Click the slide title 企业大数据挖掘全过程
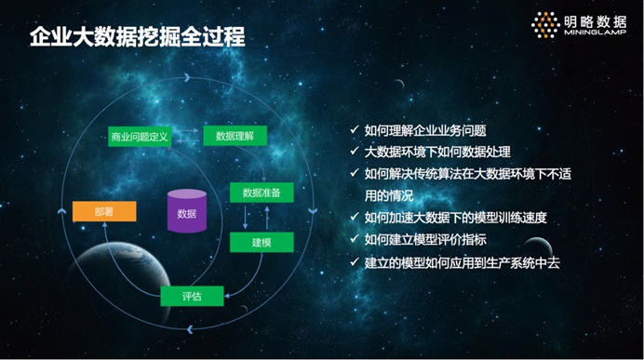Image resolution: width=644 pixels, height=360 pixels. click(x=138, y=37)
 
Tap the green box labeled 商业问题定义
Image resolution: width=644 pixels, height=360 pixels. click(x=140, y=137)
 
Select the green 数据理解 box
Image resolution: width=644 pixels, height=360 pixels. click(x=235, y=136)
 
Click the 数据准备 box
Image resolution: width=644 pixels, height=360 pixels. click(x=262, y=193)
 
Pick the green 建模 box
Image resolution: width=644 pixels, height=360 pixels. click(x=262, y=242)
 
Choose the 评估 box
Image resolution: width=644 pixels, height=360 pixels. click(x=192, y=296)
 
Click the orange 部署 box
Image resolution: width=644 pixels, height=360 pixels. click(x=104, y=211)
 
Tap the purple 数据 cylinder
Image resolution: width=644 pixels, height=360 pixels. click(x=187, y=211)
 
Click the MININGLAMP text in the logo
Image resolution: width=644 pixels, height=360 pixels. click(x=595, y=33)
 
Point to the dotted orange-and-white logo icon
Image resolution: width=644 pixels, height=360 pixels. click(x=545, y=25)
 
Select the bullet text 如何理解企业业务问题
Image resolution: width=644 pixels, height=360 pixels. click(x=425, y=130)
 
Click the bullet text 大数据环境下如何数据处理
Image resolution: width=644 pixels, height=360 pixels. click(x=437, y=152)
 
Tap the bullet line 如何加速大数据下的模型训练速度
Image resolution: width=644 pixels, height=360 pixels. click(x=456, y=218)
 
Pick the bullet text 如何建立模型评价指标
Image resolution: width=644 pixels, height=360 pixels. click(x=425, y=239)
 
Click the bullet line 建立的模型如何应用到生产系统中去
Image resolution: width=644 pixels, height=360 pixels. click(x=462, y=262)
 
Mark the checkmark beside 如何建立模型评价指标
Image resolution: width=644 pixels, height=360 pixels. click(x=355, y=238)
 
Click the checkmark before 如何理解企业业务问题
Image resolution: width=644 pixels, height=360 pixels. click(x=355, y=129)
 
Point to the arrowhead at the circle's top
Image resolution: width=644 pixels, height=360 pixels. click(x=187, y=77)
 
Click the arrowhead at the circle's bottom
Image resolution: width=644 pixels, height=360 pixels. click(x=190, y=328)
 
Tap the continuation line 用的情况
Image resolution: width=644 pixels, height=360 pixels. click(x=388, y=195)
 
